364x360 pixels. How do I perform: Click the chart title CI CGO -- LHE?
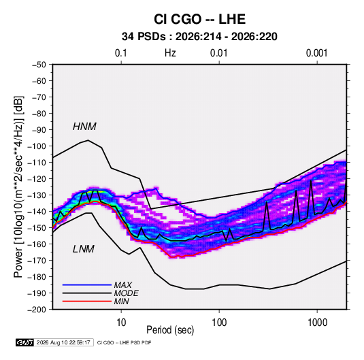click(x=199, y=19)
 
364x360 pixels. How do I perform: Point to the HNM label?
click(x=84, y=127)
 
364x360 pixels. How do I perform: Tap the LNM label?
click(x=84, y=249)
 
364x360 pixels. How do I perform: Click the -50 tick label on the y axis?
click(x=39, y=65)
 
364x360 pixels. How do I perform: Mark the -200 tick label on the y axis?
click(x=37, y=310)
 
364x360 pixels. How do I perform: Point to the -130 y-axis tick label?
click(x=37, y=195)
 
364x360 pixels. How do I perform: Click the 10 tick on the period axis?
click(x=121, y=323)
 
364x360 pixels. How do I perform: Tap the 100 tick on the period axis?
click(x=219, y=323)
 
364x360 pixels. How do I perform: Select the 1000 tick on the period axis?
click(x=317, y=323)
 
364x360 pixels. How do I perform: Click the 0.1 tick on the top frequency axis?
click(x=121, y=53)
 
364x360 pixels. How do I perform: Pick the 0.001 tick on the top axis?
click(x=317, y=53)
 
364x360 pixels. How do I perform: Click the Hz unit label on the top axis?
click(x=170, y=53)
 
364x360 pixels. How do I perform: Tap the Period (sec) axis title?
click(x=170, y=330)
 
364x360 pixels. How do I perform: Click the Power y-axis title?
click(x=18, y=186)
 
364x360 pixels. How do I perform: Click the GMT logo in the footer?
click(x=25, y=342)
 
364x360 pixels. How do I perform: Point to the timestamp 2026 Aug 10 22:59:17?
click(x=63, y=342)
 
